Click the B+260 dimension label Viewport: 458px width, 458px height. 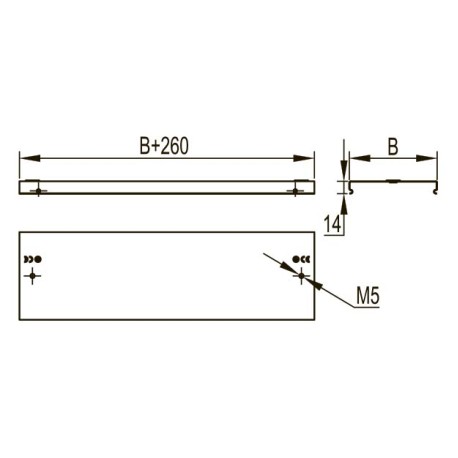click(164, 146)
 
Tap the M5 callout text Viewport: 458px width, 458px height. click(368, 296)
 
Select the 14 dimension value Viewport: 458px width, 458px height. click(333, 224)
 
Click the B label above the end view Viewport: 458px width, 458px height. click(393, 147)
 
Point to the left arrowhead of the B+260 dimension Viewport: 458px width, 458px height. click(30, 158)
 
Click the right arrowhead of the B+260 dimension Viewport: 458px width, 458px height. click(304, 158)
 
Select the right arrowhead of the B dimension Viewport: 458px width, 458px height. click(426, 158)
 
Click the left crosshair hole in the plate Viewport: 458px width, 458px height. click(32, 276)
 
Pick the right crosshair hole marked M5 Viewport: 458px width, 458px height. click(301, 276)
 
